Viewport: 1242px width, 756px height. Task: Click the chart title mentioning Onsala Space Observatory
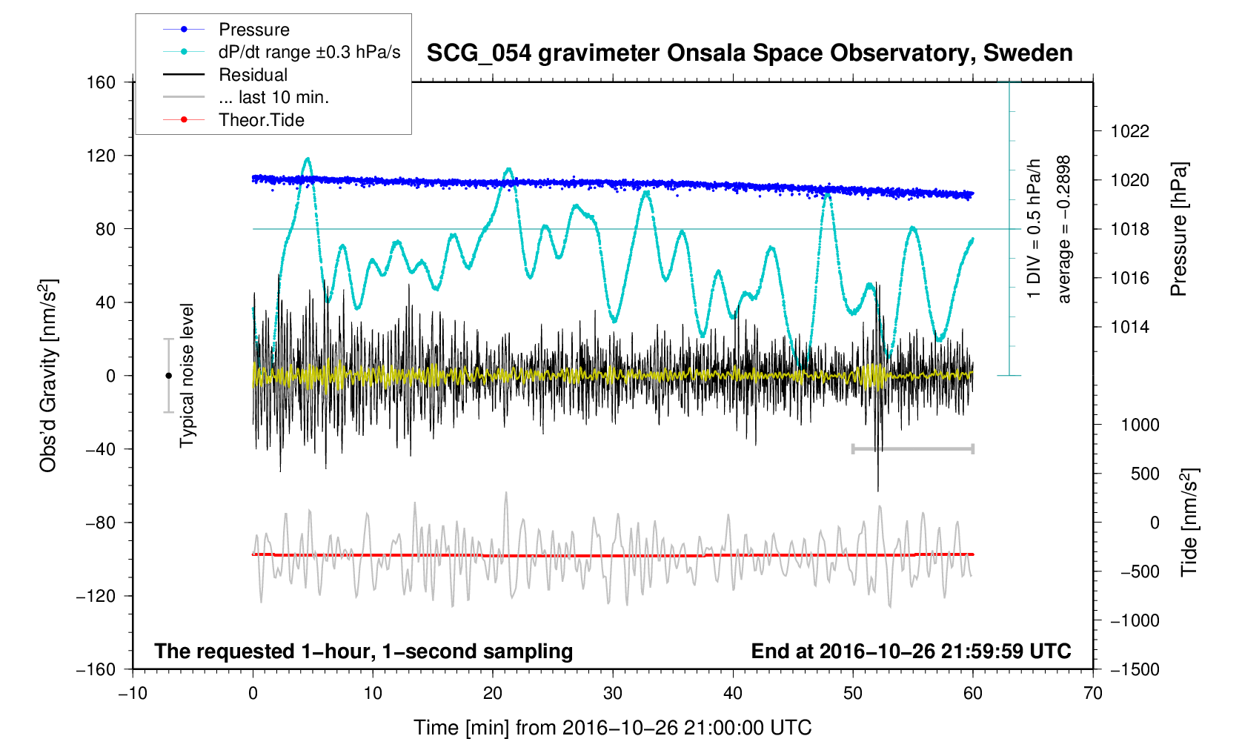pyautogui.click(x=749, y=53)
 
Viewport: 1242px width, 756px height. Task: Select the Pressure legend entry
pyautogui.click(x=253, y=30)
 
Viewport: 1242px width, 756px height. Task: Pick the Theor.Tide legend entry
pyautogui.click(x=261, y=120)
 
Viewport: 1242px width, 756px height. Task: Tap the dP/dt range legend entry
pyautogui.click(x=309, y=52)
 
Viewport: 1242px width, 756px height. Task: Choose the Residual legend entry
pyautogui.click(x=253, y=75)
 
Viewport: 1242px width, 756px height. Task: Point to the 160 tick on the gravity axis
pyautogui.click(x=102, y=82)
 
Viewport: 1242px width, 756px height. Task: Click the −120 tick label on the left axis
pyautogui.click(x=96, y=596)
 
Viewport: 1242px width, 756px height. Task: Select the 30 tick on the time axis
pyautogui.click(x=613, y=693)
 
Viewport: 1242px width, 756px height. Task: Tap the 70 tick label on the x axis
pyautogui.click(x=1092, y=693)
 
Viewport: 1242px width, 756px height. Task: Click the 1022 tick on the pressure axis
pyautogui.click(x=1129, y=131)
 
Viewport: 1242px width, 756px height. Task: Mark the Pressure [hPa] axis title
pyautogui.click(x=1178, y=229)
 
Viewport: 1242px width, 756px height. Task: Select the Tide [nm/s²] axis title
pyautogui.click(x=1190, y=522)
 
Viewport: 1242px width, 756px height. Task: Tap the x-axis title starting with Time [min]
pyautogui.click(x=612, y=728)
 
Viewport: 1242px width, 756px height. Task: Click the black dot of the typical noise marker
pyautogui.click(x=168, y=376)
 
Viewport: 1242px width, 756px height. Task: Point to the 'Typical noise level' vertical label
pyautogui.click(x=187, y=375)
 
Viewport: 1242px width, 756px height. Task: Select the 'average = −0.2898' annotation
pyautogui.click(x=1064, y=229)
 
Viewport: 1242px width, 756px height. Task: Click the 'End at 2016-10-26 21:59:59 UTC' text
pyautogui.click(x=911, y=651)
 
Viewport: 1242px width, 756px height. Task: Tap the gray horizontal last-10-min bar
pyautogui.click(x=912, y=448)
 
